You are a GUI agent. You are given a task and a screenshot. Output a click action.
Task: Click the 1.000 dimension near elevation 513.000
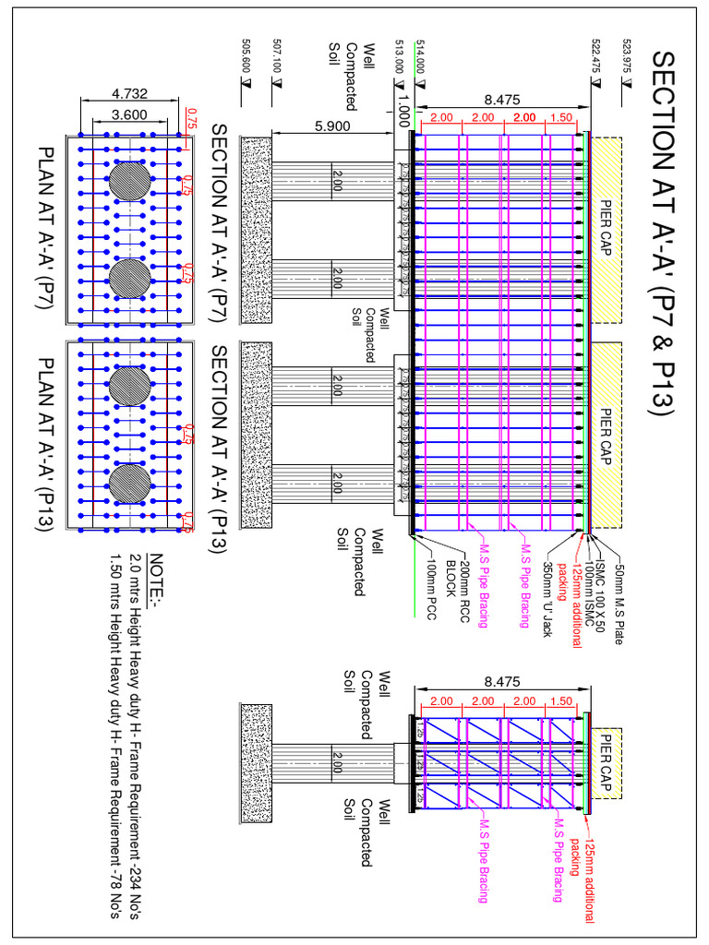(x=403, y=112)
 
